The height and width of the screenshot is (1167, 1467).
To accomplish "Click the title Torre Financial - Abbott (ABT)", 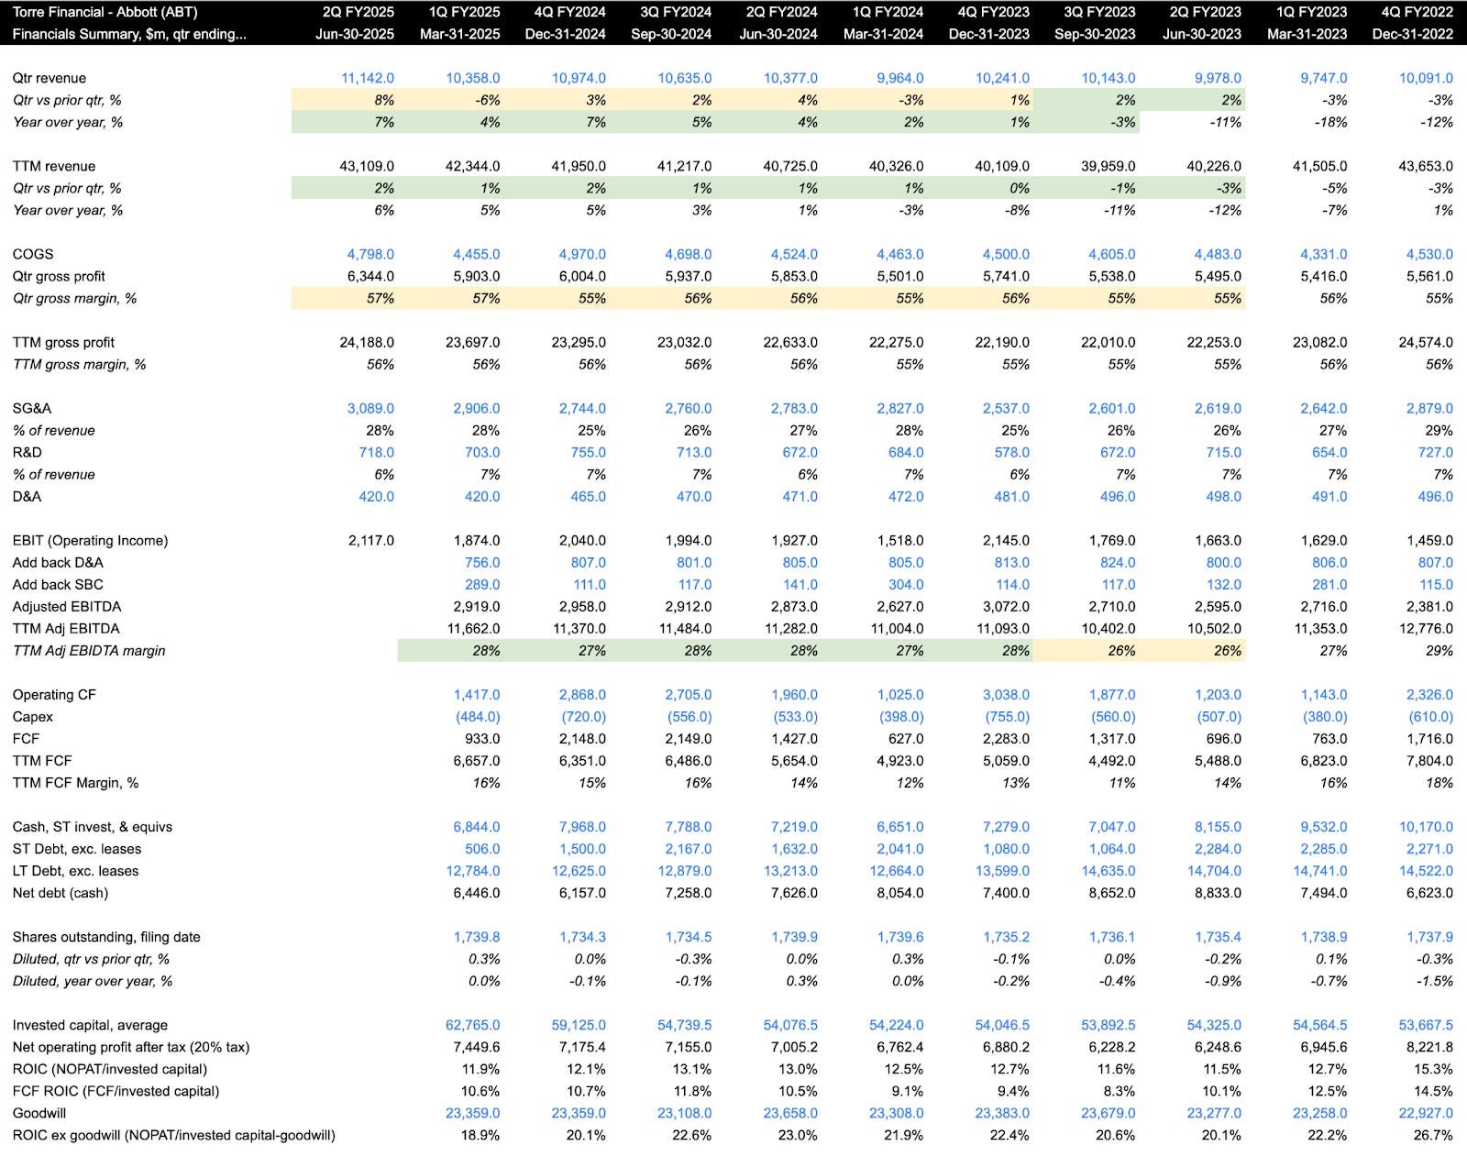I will (x=105, y=12).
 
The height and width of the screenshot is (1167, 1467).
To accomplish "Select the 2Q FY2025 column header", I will (x=358, y=12).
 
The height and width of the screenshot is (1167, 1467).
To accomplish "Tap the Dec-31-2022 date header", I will (x=1412, y=34).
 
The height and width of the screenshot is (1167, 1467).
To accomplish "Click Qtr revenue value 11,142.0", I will (x=367, y=78).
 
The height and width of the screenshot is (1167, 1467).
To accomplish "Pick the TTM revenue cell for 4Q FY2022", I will (x=1426, y=166).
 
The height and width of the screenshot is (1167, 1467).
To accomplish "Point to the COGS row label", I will (x=33, y=254).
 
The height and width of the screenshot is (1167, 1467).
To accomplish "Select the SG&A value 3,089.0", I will (x=370, y=408).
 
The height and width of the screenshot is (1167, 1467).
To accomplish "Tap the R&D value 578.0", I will (x=1011, y=452).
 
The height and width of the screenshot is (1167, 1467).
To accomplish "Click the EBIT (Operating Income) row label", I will (x=90, y=540).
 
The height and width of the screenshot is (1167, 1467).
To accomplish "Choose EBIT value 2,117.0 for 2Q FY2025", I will (x=370, y=540).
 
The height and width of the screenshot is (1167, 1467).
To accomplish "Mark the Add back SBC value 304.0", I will (x=906, y=584).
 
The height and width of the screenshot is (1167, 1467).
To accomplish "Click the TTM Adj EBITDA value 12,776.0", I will (x=1426, y=628).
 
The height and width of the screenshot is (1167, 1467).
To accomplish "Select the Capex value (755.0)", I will (x=1007, y=716).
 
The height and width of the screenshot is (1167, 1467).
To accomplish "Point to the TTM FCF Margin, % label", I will (x=75, y=782).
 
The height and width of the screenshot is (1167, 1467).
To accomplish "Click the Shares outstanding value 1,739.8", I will (x=477, y=936).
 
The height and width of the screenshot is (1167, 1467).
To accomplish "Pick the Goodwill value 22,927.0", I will (x=1426, y=1112).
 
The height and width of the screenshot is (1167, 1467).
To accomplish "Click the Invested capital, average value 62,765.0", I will (x=473, y=1024).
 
